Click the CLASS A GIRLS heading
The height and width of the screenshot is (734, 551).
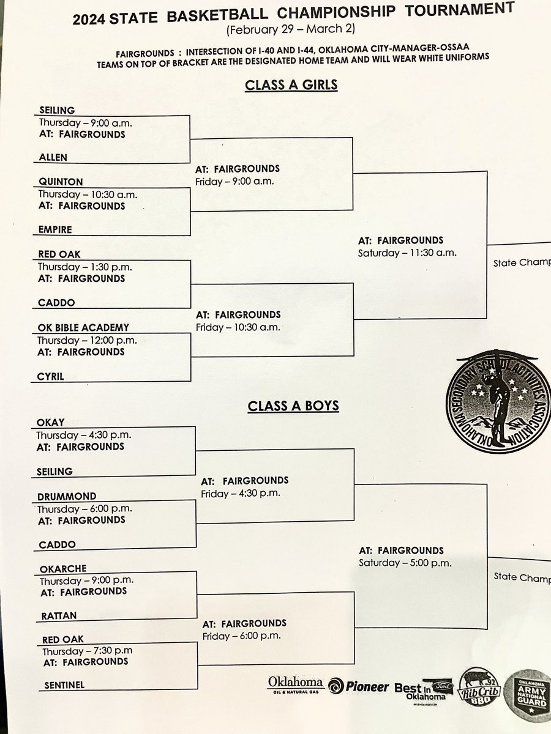coord(291,85)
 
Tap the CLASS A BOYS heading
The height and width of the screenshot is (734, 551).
coord(293,405)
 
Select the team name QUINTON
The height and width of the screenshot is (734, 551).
coord(60,182)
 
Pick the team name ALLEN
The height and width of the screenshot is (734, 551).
coord(53,157)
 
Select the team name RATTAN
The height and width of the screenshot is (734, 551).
coord(59,615)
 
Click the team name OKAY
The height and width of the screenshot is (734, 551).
coord(50,423)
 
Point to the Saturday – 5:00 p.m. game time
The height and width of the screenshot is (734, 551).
coord(405,563)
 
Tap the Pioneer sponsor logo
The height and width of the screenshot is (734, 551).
coord(359,686)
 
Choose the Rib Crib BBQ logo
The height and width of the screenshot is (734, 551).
coord(483,689)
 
